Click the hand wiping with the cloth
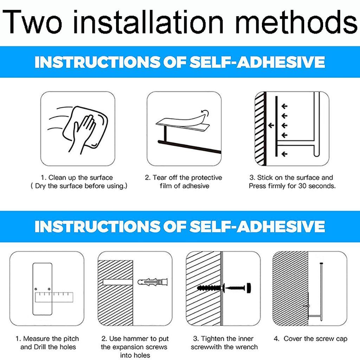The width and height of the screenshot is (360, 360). tap(83, 133)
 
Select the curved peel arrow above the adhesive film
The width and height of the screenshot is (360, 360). tap(205, 113)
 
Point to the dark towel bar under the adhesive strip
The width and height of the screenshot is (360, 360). tap(189, 147)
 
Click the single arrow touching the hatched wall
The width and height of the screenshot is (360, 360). tap(271, 126)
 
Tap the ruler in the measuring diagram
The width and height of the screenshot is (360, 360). tap(54, 297)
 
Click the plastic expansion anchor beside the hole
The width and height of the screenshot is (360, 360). tap(153, 282)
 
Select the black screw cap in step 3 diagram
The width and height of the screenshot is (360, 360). tap(249, 288)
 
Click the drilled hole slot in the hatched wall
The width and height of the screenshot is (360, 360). tap(117, 282)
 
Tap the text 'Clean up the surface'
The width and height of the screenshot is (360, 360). tap(81, 178)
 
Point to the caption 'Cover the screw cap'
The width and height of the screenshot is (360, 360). tap(315, 339)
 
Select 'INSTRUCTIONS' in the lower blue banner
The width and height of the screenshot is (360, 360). tap(97, 226)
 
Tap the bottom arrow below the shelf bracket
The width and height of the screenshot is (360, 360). tap(284, 154)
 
